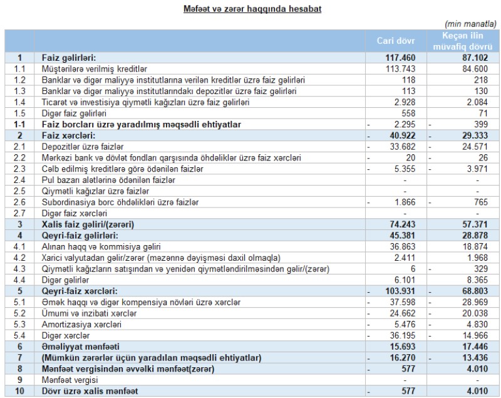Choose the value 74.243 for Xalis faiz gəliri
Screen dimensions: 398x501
point(410,224)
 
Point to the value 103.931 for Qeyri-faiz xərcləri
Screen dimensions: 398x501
point(408,291)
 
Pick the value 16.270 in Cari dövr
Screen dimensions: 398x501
point(410,359)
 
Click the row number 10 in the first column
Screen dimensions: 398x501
point(19,392)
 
